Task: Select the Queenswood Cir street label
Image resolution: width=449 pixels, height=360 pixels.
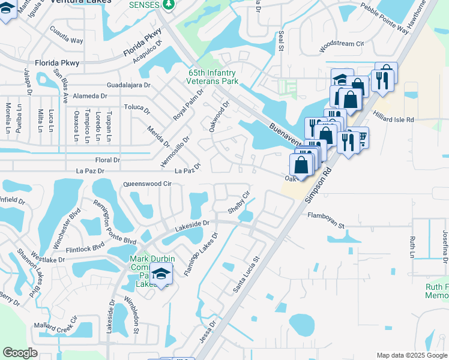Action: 147,184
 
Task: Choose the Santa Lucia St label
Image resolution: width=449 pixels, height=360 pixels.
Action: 246,275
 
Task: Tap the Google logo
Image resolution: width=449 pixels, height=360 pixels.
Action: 19,353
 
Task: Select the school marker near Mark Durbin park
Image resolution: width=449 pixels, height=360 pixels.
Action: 160,275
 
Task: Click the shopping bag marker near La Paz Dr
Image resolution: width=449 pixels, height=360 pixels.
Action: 301,165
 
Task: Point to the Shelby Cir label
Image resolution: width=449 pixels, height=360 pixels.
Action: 238,203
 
